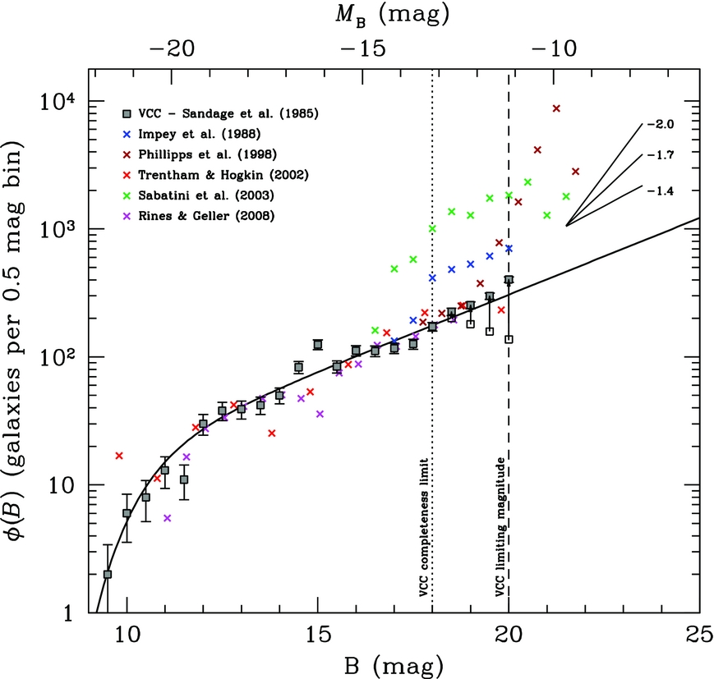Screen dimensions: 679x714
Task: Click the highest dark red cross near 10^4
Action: tap(556, 108)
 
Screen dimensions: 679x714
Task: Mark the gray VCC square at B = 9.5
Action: tap(108, 575)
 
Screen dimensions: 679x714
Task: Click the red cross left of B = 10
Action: tap(119, 456)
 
